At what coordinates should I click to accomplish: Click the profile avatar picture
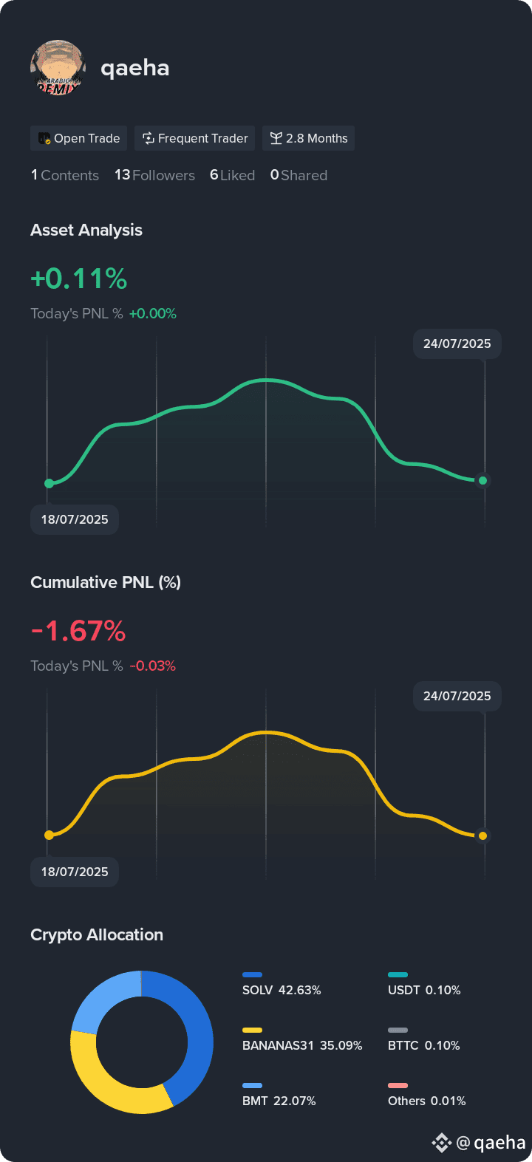pos(58,67)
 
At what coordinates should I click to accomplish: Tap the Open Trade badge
pos(78,138)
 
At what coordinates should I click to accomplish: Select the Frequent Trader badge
pos(194,138)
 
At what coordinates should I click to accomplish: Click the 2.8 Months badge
pos(308,138)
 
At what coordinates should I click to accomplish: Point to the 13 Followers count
pos(154,175)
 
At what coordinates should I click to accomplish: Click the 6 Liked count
pos(232,175)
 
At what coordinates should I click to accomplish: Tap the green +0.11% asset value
pos(79,278)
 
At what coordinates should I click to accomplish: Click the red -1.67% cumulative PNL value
pos(78,631)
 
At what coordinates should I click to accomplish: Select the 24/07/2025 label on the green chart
pos(457,344)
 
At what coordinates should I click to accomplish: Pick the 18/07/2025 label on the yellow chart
pos(75,872)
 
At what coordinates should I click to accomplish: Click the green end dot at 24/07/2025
pos(482,480)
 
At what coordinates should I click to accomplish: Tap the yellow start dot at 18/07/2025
pos(49,835)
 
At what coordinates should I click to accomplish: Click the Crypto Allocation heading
pos(97,934)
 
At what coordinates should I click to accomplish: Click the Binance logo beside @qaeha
pos(442,1142)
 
